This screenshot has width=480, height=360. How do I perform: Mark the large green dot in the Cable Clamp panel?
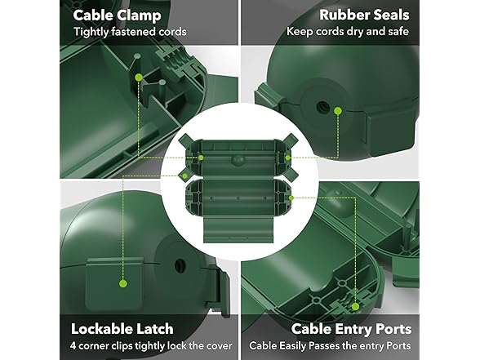[x=140, y=78]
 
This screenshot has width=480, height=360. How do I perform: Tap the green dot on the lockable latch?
[x=124, y=284]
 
